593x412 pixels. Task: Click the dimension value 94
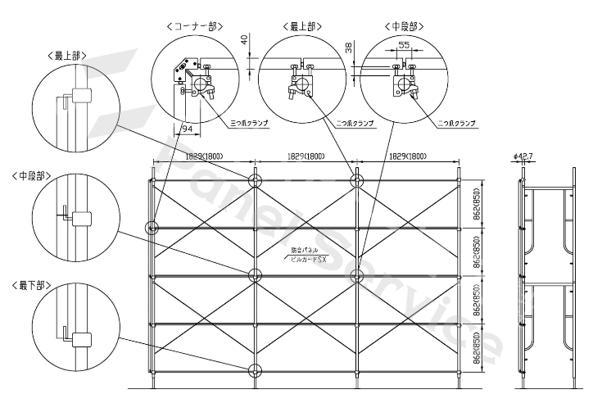187,129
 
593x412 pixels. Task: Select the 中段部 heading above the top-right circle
404,26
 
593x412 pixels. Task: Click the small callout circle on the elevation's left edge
152,228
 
